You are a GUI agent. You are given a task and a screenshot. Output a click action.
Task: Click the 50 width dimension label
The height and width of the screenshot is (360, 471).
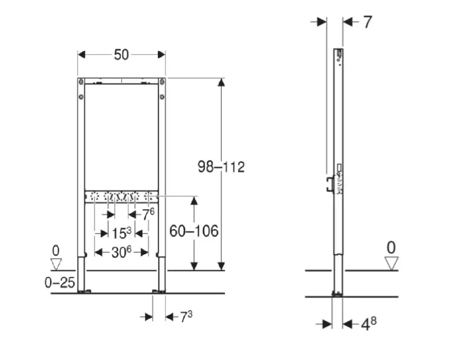point(121,55)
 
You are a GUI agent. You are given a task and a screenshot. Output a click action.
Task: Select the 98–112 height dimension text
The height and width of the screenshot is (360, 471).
point(221,167)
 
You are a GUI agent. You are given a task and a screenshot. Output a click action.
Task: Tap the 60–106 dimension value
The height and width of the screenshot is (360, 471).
point(194,231)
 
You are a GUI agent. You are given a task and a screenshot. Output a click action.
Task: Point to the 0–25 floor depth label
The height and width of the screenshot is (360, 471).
point(59,282)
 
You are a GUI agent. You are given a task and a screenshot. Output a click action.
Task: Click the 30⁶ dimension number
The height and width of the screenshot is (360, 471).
point(121,252)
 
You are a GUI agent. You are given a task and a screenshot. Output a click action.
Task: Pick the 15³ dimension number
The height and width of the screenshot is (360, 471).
point(121,233)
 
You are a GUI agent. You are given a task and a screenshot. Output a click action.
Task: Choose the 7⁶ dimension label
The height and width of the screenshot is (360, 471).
point(148,214)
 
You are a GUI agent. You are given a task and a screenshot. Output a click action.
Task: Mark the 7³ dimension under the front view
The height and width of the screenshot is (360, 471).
point(186,317)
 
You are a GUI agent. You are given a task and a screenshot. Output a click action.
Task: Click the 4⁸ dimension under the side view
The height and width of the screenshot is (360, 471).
point(369,324)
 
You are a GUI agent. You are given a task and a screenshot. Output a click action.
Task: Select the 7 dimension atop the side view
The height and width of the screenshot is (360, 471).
point(367,22)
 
